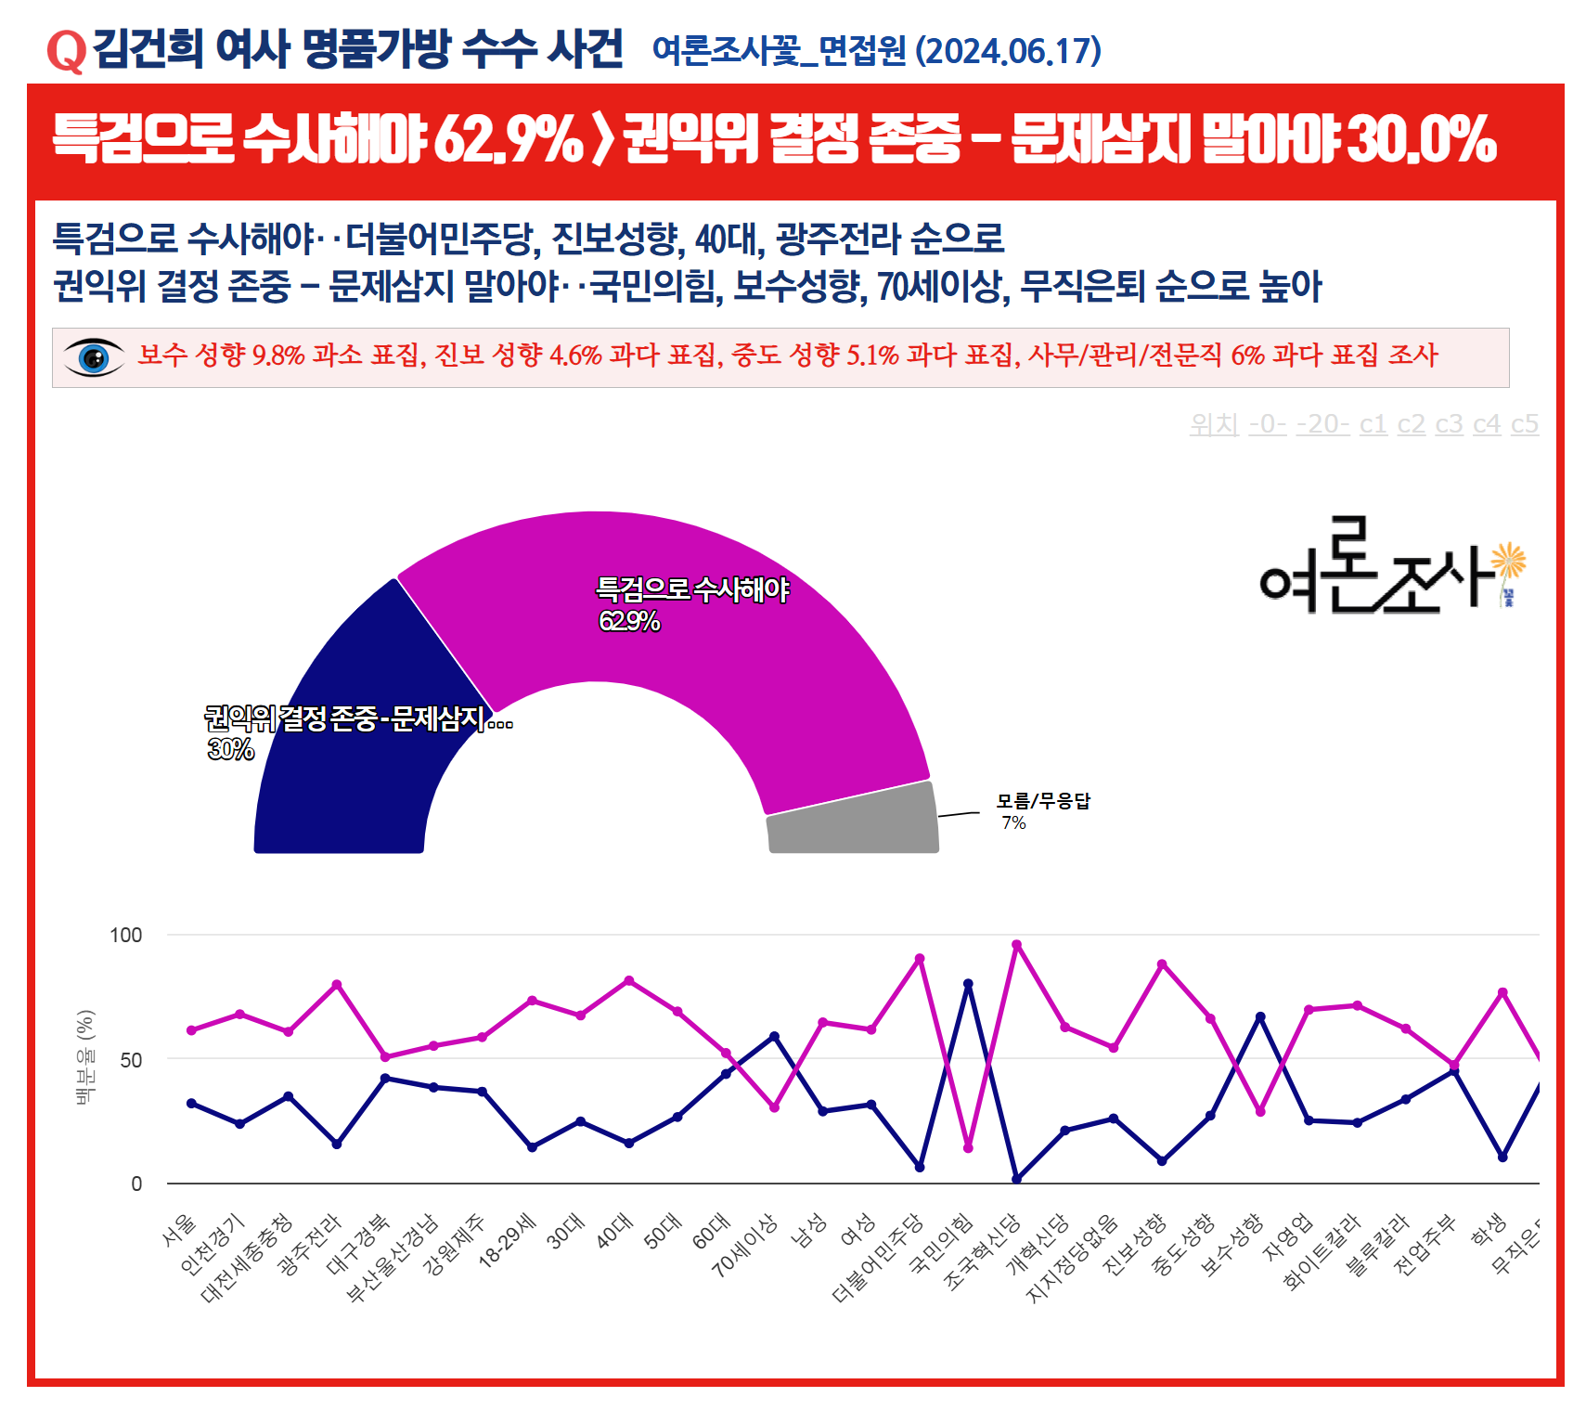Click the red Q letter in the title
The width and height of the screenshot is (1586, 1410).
pos(66,51)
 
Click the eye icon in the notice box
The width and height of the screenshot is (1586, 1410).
pos(93,357)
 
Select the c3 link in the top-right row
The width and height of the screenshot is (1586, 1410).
pos(1448,424)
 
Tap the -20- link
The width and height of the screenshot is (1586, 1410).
pos(1322,424)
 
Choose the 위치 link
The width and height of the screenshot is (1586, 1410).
pos(1214,424)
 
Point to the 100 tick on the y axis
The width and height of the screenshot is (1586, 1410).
pos(126,935)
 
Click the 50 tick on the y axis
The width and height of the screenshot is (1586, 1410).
pos(131,1060)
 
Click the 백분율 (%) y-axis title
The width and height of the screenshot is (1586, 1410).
pos(85,1057)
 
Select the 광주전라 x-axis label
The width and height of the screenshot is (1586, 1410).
pos(311,1243)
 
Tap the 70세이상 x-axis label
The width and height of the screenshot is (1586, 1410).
pos(746,1245)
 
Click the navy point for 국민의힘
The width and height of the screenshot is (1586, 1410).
pos(968,984)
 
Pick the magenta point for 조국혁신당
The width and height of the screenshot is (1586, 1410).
pos(1016,945)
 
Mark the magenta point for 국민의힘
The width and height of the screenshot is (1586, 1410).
pos(968,1148)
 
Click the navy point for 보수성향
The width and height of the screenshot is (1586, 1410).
pos(1259,1016)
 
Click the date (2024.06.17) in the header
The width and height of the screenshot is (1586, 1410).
pos(1008,51)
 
